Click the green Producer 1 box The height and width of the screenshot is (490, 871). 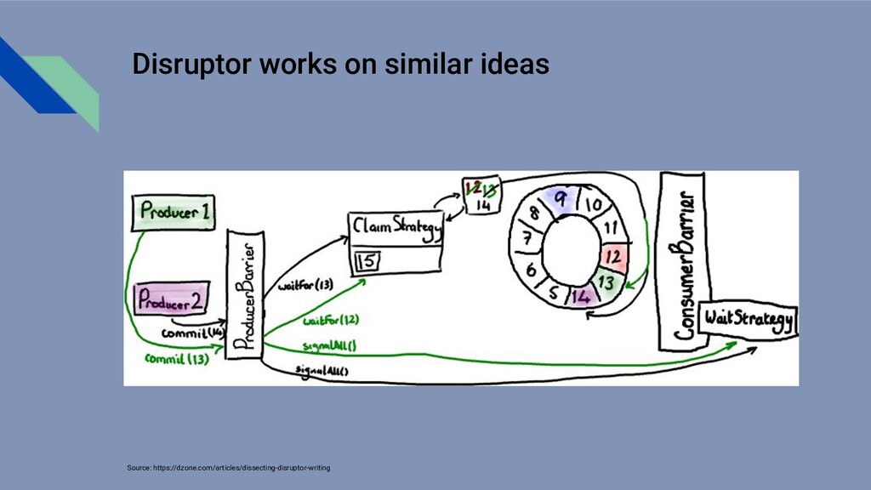click(172, 212)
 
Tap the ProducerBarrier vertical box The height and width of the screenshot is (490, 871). click(243, 297)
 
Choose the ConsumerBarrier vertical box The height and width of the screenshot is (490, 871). click(683, 260)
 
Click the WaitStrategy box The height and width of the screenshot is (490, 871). click(747, 320)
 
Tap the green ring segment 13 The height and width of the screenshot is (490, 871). click(606, 280)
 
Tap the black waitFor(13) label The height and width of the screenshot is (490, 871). click(305, 286)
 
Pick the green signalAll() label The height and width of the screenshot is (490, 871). click(329, 345)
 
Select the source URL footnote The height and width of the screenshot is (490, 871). click(228, 468)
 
